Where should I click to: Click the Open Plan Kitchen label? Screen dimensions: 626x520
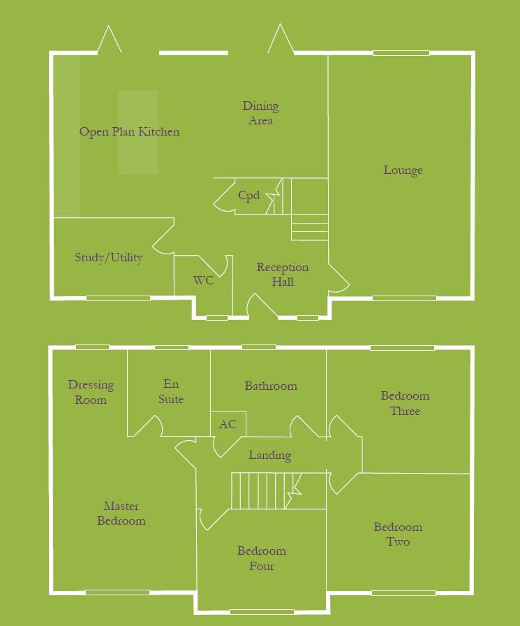[x=129, y=131]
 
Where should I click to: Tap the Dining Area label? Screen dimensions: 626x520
[x=260, y=113]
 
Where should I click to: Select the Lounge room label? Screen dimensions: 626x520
[x=403, y=170]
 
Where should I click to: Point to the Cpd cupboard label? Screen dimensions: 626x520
[x=248, y=195]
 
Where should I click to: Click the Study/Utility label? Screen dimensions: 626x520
[x=109, y=258]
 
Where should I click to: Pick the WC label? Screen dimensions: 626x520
[x=203, y=281]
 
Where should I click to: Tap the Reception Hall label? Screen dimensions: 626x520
[x=283, y=275]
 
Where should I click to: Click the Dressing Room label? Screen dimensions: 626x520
[x=91, y=392]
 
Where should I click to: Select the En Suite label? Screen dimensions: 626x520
[x=171, y=391]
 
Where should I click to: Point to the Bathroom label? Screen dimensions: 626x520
[x=271, y=386]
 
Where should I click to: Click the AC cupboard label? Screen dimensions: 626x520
[x=228, y=424]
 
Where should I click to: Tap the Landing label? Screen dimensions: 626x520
[x=270, y=456]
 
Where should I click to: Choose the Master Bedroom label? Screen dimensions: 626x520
[x=121, y=514]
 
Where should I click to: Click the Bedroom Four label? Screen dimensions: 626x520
[x=262, y=558]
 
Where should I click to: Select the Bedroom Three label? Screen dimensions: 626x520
[x=405, y=403]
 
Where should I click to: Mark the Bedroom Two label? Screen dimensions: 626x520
[x=398, y=534]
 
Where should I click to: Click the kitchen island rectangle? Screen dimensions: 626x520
[x=138, y=131]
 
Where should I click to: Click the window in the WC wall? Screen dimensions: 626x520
[x=217, y=318]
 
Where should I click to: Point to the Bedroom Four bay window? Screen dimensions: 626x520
[x=262, y=612]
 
